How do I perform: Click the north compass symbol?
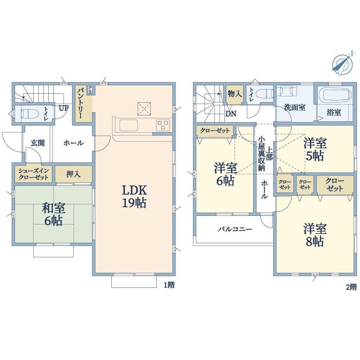(x=342, y=63)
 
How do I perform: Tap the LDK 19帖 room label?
(x=134, y=196)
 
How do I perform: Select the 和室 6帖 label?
(x=54, y=214)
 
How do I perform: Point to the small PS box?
(x=90, y=90)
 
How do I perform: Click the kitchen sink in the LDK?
(x=128, y=125)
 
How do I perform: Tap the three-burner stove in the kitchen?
(x=163, y=125)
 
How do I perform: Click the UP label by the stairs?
(x=64, y=108)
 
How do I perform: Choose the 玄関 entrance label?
(x=38, y=143)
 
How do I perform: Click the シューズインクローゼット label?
(x=34, y=174)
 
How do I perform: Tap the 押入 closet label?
(x=74, y=174)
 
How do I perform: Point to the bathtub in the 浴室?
(x=337, y=95)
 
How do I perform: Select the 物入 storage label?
(x=235, y=94)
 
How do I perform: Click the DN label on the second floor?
(x=231, y=113)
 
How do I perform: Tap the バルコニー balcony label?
(x=235, y=229)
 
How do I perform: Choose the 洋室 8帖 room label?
(x=315, y=235)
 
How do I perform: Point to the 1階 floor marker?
(x=169, y=285)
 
